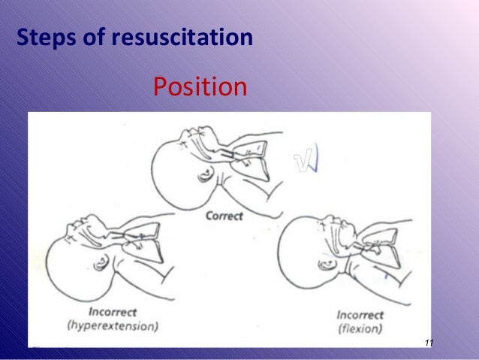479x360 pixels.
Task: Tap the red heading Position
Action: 200,87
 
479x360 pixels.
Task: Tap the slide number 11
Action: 429,343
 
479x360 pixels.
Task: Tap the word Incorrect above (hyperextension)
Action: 119,313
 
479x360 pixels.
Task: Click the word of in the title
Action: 92,36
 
